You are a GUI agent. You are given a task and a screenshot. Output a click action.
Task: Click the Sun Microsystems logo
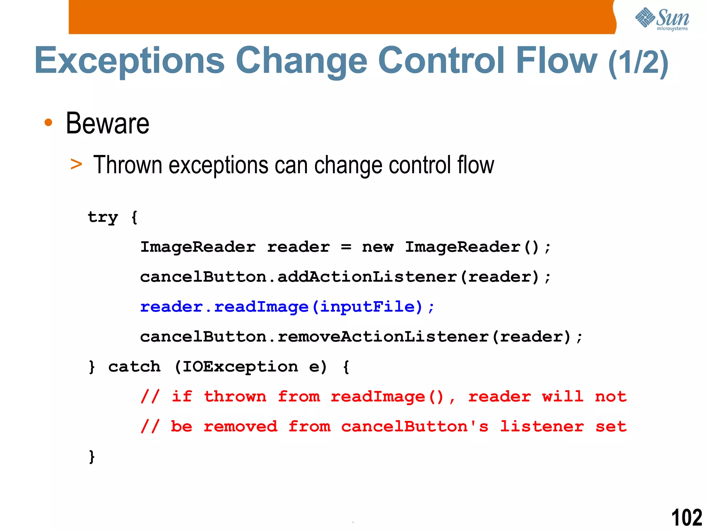pos(662,19)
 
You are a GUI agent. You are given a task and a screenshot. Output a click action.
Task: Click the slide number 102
pos(686,517)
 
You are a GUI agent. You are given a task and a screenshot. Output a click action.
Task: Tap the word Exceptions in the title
pos(130,61)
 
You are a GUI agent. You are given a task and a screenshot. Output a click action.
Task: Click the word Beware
pos(108,124)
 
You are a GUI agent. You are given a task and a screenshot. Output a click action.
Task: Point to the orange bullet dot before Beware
pos(49,122)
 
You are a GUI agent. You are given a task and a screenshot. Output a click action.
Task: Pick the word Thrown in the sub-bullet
pos(128,165)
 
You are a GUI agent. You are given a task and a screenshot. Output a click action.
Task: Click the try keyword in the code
pos(103,217)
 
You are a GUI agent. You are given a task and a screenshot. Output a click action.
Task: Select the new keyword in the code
pos(377,247)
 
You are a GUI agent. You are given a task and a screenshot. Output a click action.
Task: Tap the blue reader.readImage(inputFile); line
pos(287,307)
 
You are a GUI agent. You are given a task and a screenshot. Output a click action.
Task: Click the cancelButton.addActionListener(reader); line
pos(345,277)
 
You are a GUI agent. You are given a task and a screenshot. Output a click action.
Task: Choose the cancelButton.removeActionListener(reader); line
pos(361,337)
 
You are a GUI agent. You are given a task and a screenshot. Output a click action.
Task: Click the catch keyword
pos(134,366)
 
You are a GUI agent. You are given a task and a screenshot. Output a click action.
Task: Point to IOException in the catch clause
pos(240,366)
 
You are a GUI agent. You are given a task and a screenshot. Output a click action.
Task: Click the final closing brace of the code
pos(92,457)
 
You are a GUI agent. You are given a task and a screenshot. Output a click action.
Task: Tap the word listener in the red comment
pos(542,426)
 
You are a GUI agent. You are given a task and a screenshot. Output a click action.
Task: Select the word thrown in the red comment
pos(235,396)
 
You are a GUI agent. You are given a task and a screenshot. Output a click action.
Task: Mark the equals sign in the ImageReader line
pos(346,247)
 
